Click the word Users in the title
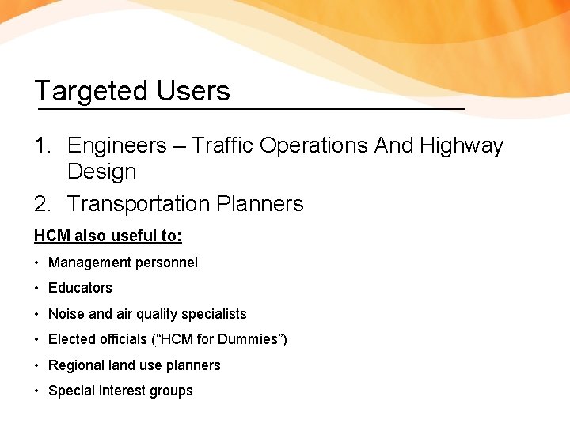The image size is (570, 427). pos(193,91)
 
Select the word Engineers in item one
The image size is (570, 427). pos(117,146)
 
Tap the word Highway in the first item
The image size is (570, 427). pos(462,146)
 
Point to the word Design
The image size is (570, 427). pos(102,172)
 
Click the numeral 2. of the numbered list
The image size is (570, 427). pos(44,204)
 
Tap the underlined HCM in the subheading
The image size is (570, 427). pos(50,236)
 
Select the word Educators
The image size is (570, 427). pos(80,288)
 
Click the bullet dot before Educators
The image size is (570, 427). pos(37,289)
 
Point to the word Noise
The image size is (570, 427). pos(66,314)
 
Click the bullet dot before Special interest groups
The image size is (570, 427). pos(37,391)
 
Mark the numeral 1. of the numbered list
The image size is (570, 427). pos(44,146)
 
